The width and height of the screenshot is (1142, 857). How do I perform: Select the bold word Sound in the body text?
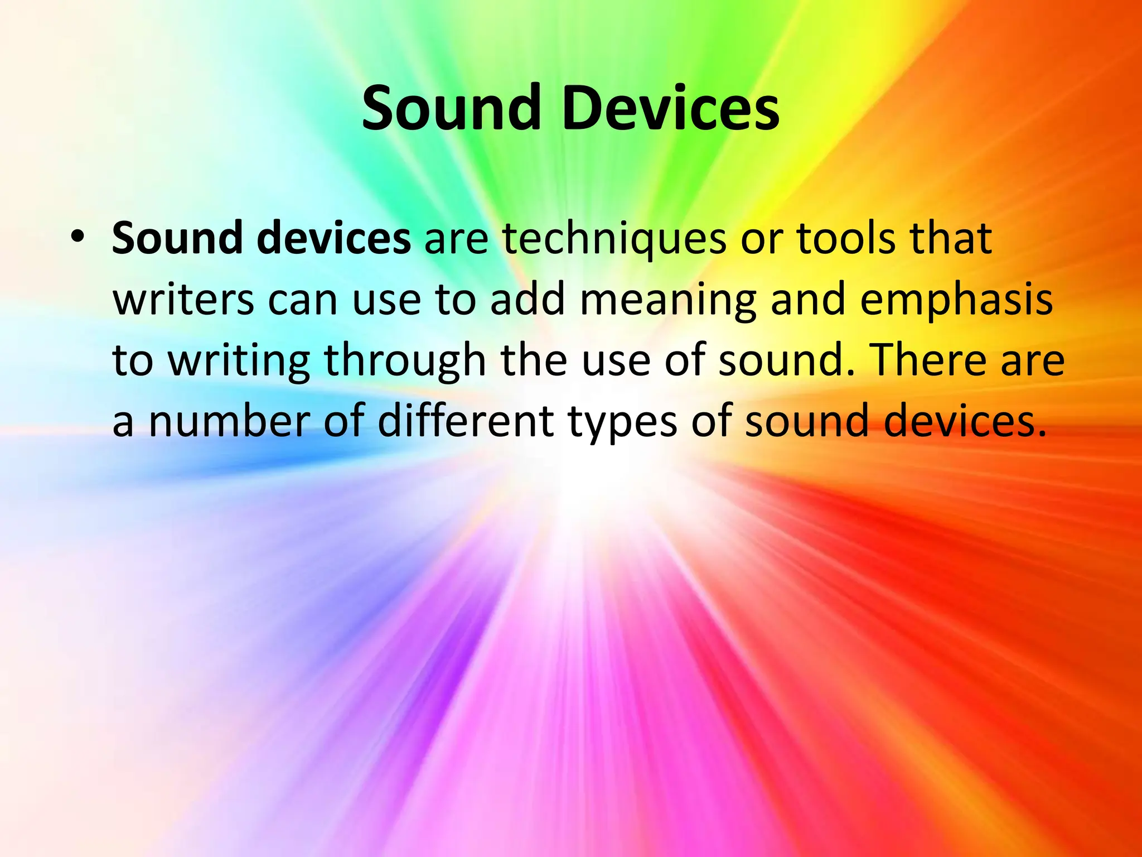pos(177,239)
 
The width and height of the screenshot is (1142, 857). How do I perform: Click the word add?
pos(527,300)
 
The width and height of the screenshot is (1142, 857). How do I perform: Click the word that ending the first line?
pos(951,239)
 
